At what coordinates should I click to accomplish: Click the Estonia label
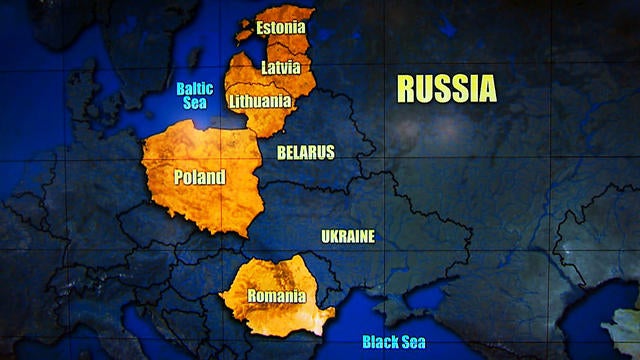point(280,28)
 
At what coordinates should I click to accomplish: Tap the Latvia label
point(280,68)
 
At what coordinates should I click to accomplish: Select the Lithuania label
point(260,101)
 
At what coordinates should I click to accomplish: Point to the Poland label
point(200,178)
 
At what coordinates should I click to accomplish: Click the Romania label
point(277,296)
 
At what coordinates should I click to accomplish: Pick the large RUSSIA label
point(446,88)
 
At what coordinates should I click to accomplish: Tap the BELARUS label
point(306,153)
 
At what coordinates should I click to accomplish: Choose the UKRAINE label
point(348,237)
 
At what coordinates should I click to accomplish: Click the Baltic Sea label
point(195,95)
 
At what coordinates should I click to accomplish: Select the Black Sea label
point(394,342)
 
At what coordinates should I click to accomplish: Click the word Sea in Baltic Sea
point(195,103)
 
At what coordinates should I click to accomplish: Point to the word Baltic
point(195,88)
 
